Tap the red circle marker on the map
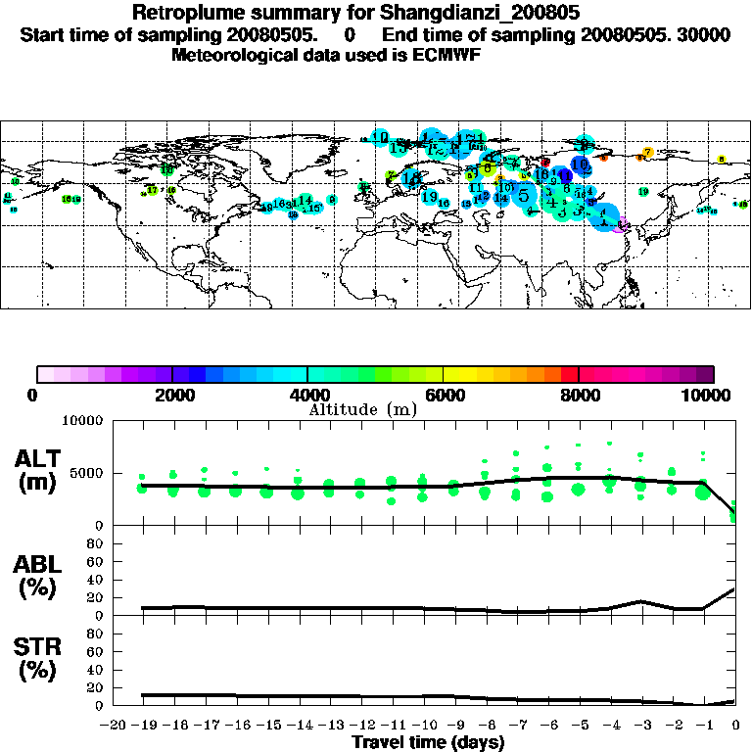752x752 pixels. point(545,163)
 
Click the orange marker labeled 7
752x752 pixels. point(647,153)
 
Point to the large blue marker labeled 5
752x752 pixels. point(524,195)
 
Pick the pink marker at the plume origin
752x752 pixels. point(623,225)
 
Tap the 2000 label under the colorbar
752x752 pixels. point(172,395)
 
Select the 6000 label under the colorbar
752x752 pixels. point(444,395)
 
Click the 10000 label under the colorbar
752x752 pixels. point(708,395)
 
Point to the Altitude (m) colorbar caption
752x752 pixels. point(362,408)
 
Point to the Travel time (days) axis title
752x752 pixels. point(428,742)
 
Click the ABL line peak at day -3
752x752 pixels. point(640,601)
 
